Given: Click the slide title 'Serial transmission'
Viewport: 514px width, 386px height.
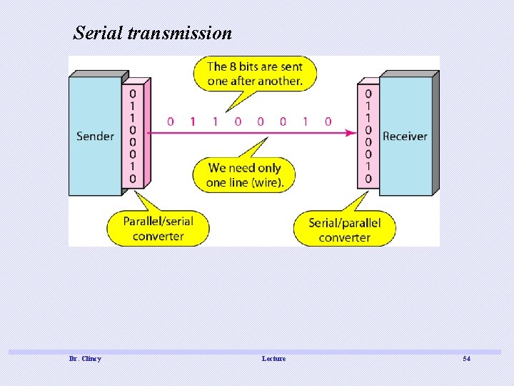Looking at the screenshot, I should click(x=153, y=33).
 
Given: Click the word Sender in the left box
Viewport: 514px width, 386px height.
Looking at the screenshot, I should click(x=95, y=136).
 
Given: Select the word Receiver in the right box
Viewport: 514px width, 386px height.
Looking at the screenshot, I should click(x=405, y=136).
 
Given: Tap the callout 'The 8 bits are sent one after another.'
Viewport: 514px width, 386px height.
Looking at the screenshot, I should click(x=255, y=74).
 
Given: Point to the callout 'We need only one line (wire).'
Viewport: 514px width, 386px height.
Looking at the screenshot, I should click(x=245, y=175).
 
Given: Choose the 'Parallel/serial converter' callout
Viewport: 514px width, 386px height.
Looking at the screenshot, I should click(x=158, y=228).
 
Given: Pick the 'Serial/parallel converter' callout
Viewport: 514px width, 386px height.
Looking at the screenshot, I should click(x=344, y=229).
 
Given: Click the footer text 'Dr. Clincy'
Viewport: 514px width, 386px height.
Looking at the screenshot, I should click(x=85, y=358).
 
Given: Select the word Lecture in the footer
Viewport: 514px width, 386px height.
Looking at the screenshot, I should click(x=273, y=358).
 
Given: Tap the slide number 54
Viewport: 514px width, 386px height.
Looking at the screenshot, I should click(x=466, y=358).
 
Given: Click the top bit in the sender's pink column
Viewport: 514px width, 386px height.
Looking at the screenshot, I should click(x=133, y=93).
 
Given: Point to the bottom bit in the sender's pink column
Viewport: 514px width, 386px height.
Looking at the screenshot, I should click(x=133, y=178).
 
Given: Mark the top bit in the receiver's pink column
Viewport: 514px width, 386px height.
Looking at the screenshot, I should click(x=368, y=93).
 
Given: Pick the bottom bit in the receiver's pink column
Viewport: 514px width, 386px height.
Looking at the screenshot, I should click(x=368, y=178).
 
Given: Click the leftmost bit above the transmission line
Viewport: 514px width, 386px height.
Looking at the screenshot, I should click(x=170, y=122).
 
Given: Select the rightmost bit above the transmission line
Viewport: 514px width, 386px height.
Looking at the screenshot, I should click(x=328, y=122).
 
